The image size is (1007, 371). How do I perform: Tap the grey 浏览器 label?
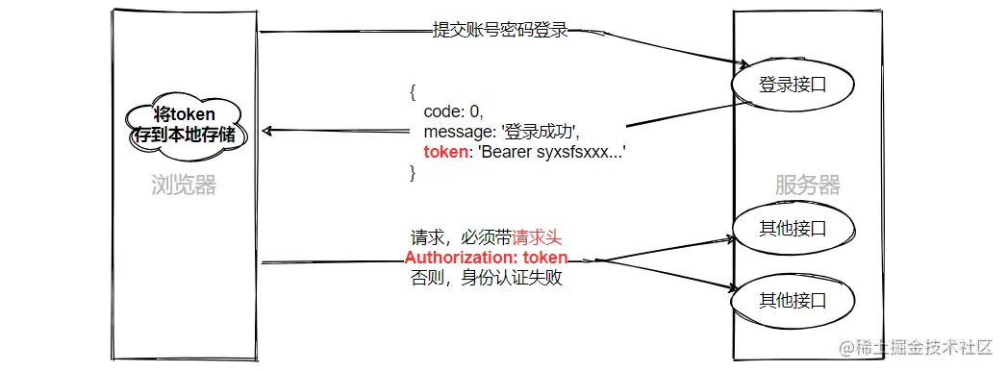tap(184, 185)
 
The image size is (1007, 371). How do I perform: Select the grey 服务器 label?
tap(807, 185)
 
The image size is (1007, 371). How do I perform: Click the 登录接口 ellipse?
tap(793, 85)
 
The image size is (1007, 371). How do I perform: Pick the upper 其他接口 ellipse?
tap(793, 229)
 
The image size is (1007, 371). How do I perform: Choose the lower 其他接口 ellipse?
tap(793, 300)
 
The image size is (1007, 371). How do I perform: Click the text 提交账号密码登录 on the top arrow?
tap(499, 31)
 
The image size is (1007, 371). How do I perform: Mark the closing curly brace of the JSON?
tap(414, 173)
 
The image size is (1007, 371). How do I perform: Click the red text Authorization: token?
tap(486, 258)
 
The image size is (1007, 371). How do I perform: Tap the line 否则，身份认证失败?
tap(486, 279)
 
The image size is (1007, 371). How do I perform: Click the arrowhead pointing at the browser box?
tap(268, 131)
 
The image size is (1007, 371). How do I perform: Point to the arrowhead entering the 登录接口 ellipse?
tap(742, 64)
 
